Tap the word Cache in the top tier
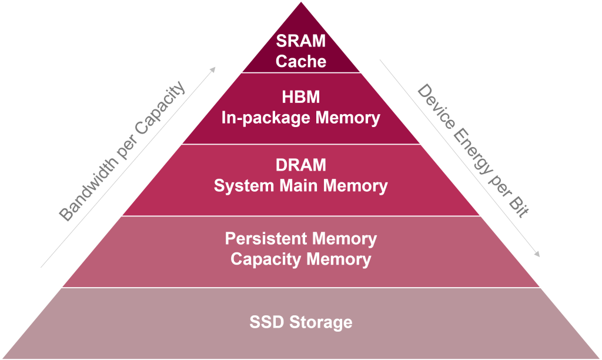coord(301,61)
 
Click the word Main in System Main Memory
coord(294,186)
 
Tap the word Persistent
coord(266,239)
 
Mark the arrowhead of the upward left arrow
coord(213,69)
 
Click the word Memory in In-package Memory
coord(347,118)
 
